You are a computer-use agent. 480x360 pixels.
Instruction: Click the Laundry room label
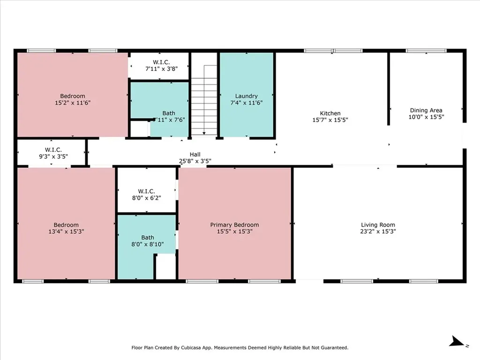(247, 96)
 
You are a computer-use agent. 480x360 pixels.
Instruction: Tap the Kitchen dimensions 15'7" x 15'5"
(330, 120)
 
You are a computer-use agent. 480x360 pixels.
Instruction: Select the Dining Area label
(426, 111)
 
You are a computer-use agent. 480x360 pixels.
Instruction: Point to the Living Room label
(378, 225)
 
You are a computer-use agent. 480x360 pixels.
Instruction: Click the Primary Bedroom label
(234, 225)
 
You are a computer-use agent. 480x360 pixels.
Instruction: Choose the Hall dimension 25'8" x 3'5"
(195, 161)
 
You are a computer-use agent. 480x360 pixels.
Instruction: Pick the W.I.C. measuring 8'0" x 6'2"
(146, 194)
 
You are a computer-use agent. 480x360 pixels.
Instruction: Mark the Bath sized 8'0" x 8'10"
(147, 244)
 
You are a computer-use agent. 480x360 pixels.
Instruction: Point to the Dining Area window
(426, 51)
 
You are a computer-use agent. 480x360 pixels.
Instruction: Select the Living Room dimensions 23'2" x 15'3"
(378, 231)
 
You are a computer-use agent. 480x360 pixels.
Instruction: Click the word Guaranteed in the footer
(333, 348)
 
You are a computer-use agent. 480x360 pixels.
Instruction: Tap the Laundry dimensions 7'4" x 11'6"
(247, 103)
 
